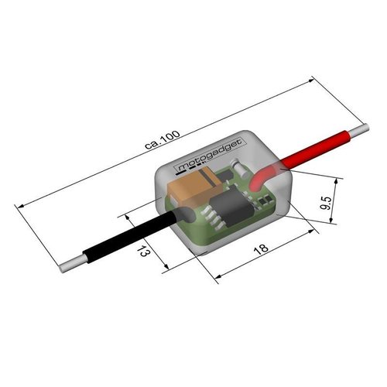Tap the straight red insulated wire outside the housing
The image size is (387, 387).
[317, 148]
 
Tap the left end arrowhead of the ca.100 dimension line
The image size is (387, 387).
[18, 205]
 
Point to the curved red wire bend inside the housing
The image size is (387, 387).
[263, 177]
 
